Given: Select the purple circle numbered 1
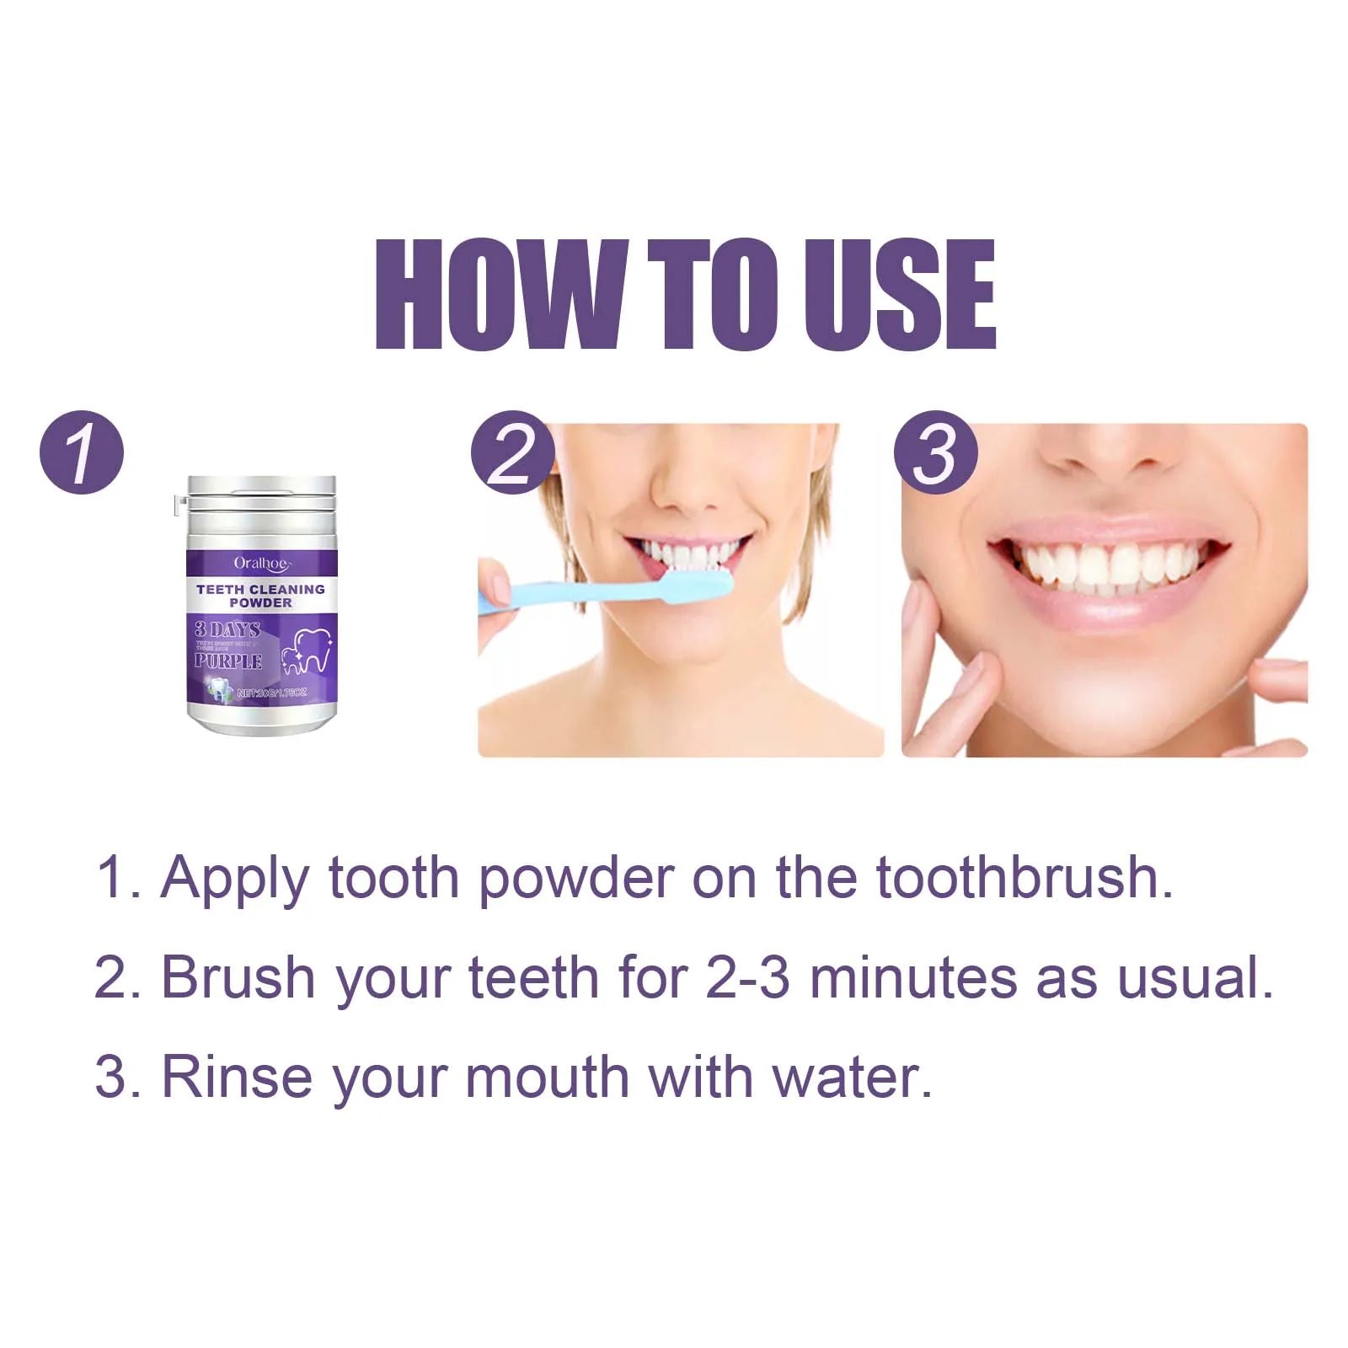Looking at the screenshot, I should pos(82,452).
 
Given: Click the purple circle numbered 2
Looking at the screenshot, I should pos(512,452).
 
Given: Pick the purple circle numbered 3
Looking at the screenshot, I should pos(935,452).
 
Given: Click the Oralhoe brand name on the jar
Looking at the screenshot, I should pos(261,563).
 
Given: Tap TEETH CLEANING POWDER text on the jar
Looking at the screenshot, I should pos(261,596).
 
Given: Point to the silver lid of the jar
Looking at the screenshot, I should pos(261,497).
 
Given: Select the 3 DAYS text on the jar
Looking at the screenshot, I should pos(227,629).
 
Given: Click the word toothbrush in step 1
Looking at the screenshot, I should pos(1024,878).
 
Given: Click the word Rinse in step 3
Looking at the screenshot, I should pos(236,1078).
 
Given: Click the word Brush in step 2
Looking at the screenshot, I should pos(238,978).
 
